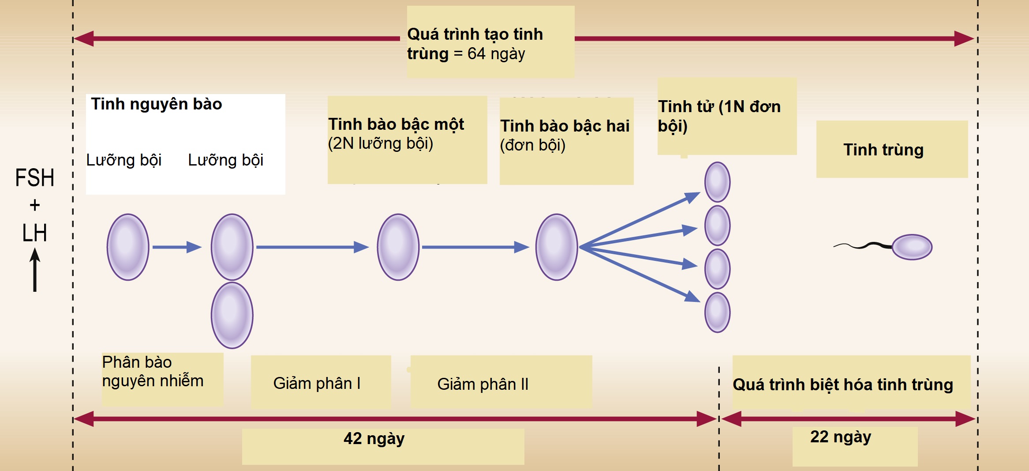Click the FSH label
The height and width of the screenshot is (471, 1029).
click(x=34, y=178)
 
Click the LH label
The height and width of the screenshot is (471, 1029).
click(x=34, y=233)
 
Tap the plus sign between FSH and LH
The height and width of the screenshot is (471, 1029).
click(x=34, y=205)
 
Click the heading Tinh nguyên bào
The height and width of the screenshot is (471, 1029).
click(x=156, y=104)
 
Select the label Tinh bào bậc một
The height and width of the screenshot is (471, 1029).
click(x=396, y=124)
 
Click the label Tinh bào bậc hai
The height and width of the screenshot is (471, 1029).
click(x=565, y=126)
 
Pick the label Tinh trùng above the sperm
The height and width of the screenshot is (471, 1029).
click(x=883, y=150)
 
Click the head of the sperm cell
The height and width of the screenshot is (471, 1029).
click(x=912, y=247)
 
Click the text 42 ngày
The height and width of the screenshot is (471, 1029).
click(x=374, y=439)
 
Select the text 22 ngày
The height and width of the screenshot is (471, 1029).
click(x=841, y=437)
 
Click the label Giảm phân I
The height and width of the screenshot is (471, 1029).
click(x=317, y=383)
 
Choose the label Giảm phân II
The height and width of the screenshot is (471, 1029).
click(x=483, y=384)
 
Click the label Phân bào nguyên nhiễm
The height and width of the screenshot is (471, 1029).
click(x=153, y=372)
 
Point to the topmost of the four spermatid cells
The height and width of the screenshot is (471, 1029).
click(x=717, y=182)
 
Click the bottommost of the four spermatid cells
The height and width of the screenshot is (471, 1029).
click(x=717, y=313)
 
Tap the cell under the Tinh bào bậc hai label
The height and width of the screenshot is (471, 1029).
click(x=557, y=247)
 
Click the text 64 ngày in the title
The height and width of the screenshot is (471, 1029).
click(x=496, y=54)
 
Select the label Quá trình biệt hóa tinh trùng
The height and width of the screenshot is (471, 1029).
click(x=843, y=385)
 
